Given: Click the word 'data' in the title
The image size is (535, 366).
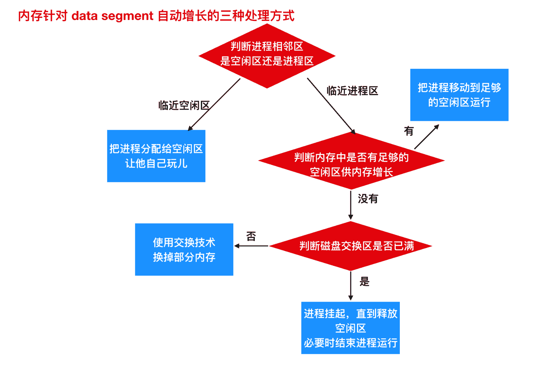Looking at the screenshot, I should point(84,16).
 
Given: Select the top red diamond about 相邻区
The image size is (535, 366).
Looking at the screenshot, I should point(267,56).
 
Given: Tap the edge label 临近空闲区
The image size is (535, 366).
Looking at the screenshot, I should point(184,105).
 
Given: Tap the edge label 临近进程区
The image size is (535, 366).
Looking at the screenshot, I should point(352,91).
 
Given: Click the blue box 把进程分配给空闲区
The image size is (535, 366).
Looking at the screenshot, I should point(156,156).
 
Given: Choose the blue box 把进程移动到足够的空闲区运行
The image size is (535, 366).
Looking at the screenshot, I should point(459,95).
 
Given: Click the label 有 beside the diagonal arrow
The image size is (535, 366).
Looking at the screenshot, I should point(409,131).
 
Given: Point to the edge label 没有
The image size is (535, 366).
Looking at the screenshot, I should point(368,199).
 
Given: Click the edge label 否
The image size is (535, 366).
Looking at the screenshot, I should point(251,236).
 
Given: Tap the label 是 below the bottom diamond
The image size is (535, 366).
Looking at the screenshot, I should point(364,282).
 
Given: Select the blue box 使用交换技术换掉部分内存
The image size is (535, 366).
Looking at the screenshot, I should point(184,249).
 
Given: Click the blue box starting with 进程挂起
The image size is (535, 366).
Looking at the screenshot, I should point(350,328).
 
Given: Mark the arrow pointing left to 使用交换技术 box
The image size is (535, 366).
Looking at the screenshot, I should point(251,246).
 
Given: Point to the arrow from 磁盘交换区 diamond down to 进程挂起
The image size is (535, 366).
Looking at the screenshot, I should point(351,285).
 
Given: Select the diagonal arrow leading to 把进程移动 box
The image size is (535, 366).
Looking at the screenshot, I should point(426,137).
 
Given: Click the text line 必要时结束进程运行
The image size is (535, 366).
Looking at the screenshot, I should point(350,343).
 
